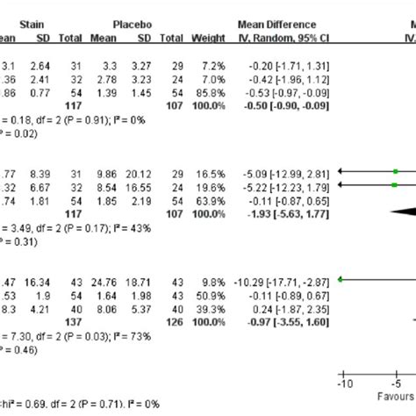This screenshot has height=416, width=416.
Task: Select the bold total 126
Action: coord(172,319)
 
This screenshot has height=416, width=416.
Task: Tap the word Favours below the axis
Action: coord(397,396)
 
